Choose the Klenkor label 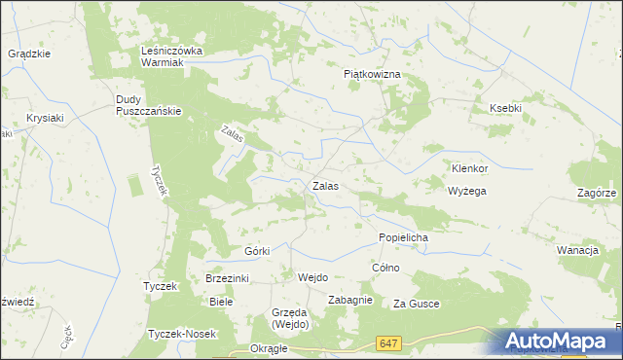pos(468,167)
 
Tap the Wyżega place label pos(466,191)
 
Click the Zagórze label pos(596,193)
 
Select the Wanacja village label pos(576,250)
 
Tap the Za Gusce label pos(417,305)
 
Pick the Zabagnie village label pos(350,300)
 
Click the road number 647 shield pos(389,343)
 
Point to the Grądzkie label pos(29,54)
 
